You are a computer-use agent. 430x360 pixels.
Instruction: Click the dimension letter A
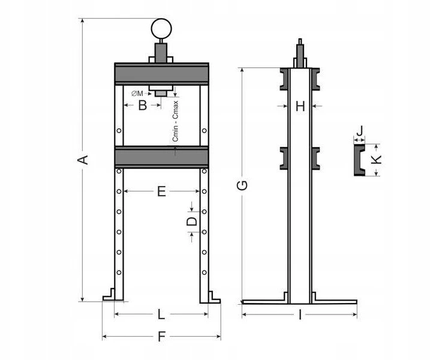click(x=83, y=160)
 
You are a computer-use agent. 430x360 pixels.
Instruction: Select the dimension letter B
click(x=142, y=106)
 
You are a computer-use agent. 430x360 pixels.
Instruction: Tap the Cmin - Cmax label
click(x=175, y=121)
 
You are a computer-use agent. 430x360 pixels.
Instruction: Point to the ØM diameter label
click(x=137, y=94)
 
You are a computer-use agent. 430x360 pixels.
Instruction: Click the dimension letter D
click(x=192, y=221)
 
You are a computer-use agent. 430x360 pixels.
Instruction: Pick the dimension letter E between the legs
click(x=161, y=191)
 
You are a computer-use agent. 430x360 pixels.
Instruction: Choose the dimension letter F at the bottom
click(x=162, y=337)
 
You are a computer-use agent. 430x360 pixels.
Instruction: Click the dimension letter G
click(x=242, y=185)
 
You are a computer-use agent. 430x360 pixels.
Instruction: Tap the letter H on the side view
click(x=300, y=106)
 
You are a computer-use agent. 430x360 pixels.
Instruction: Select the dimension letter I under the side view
click(x=300, y=315)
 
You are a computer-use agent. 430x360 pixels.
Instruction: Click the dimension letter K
click(x=377, y=159)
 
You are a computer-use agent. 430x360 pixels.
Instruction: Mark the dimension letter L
click(x=161, y=314)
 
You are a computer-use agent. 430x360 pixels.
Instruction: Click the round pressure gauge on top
click(x=161, y=29)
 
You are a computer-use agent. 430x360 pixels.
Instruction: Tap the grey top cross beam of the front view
click(x=162, y=74)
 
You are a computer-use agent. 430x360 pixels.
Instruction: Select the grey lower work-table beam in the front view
click(x=162, y=157)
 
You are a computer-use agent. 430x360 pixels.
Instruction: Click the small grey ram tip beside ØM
click(x=161, y=94)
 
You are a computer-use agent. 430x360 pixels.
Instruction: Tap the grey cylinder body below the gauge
click(x=161, y=53)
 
